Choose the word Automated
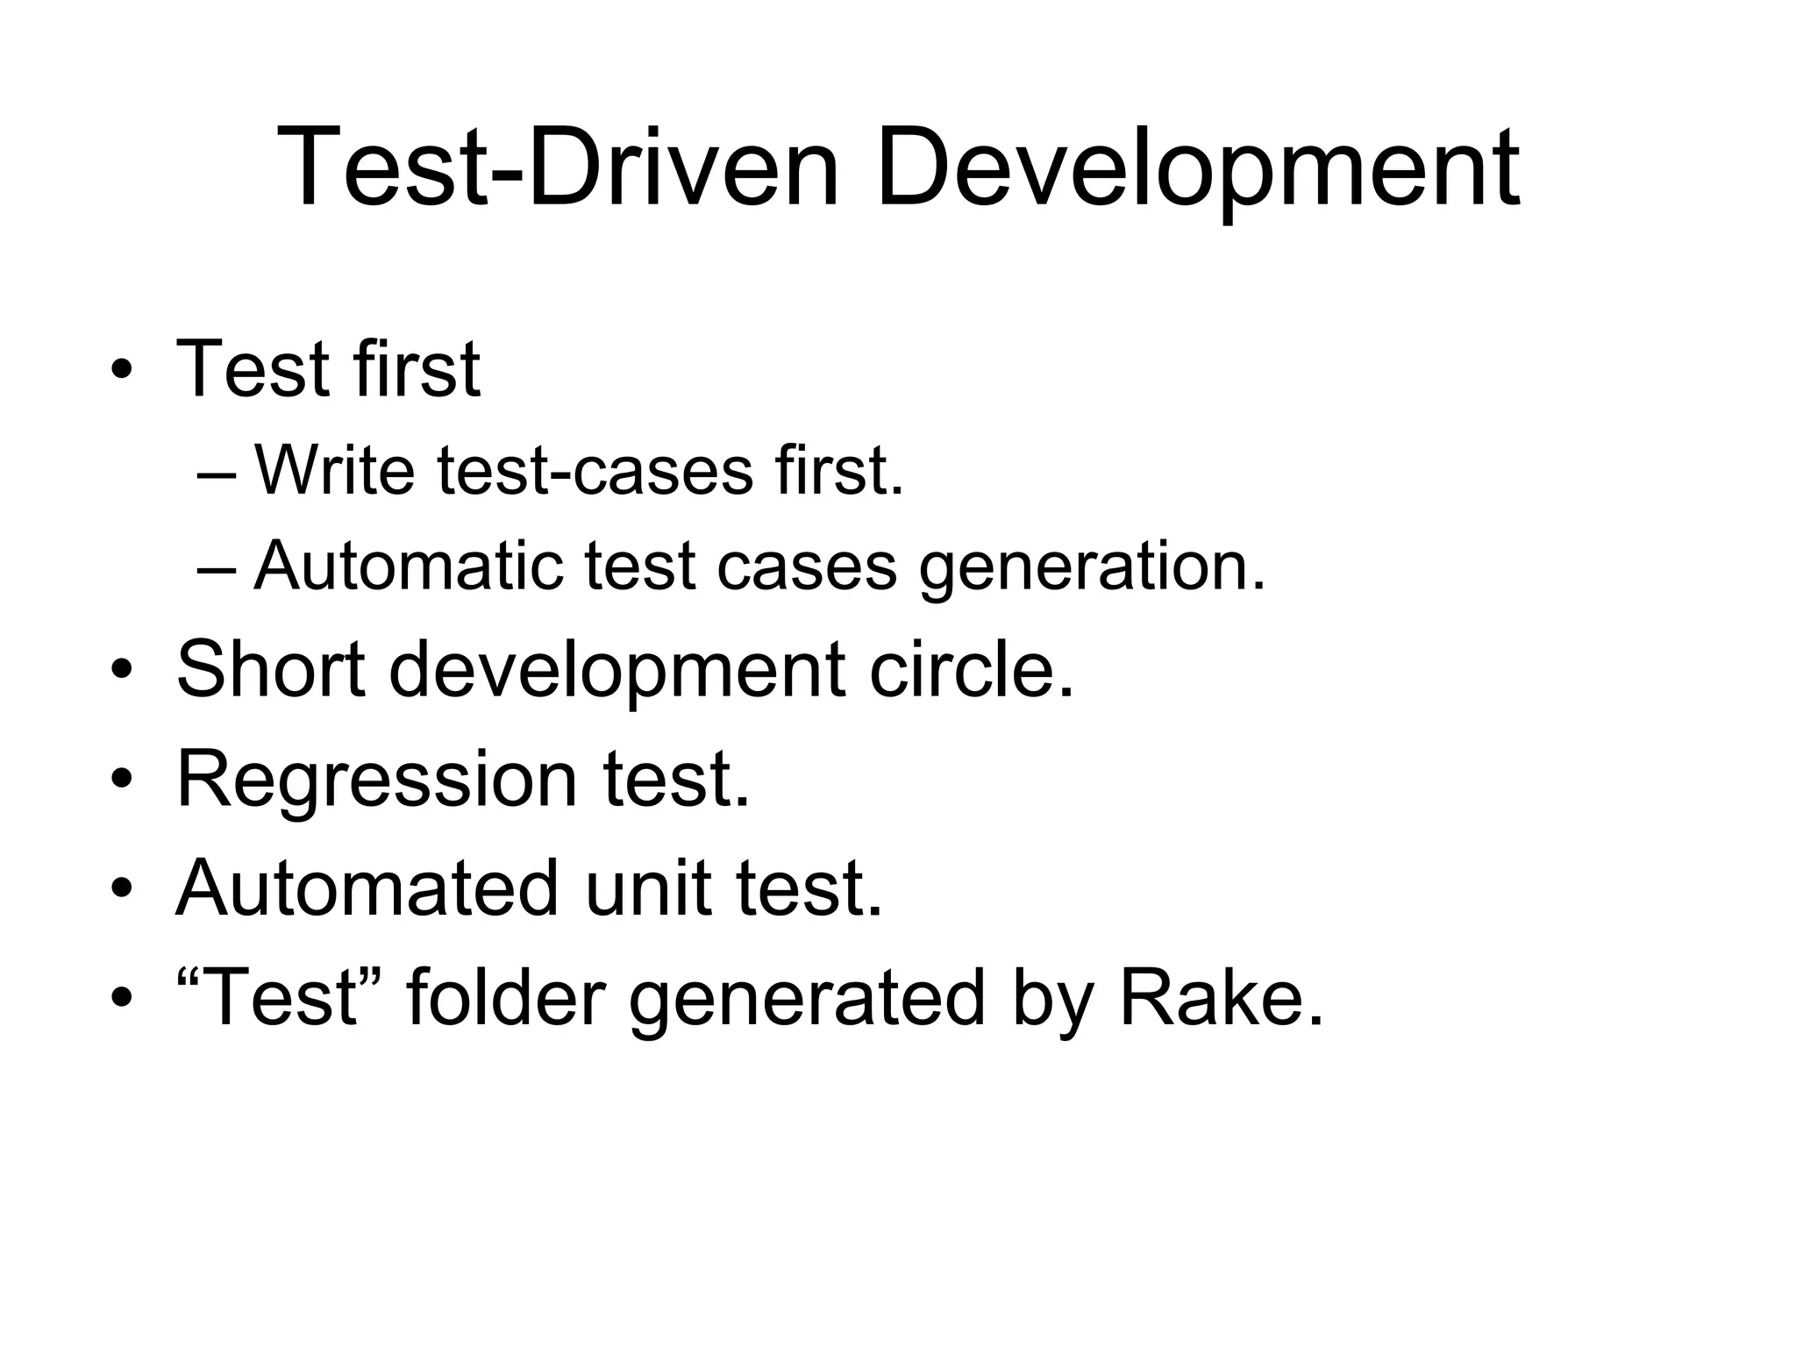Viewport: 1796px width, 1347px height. pos(367,887)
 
